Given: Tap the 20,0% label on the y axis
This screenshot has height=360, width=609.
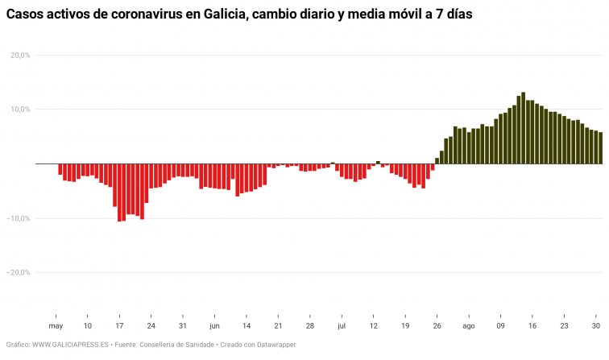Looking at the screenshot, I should pyautogui.click(x=19, y=55).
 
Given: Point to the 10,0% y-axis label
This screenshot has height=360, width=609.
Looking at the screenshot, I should pyautogui.click(x=19, y=110).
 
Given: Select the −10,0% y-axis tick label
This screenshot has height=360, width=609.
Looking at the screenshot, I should pyautogui.click(x=19, y=218).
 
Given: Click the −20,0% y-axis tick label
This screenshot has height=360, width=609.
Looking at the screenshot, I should pyautogui.click(x=19, y=272).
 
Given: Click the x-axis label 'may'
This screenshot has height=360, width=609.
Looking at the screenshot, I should pyautogui.click(x=56, y=326).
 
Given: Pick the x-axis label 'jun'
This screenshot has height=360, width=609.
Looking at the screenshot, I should pyautogui.click(x=214, y=326).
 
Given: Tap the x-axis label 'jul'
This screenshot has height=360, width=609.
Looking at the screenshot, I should pyautogui.click(x=342, y=326).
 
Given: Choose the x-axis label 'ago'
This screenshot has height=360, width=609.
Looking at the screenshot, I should pyautogui.click(x=469, y=326).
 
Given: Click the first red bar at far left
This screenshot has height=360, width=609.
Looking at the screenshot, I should pyautogui.click(x=60, y=169).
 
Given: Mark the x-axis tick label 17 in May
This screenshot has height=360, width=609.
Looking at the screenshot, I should pyautogui.click(x=119, y=326).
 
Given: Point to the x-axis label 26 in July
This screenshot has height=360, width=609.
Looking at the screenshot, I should pyautogui.click(x=437, y=326).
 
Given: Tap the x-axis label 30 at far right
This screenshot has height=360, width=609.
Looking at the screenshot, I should pyautogui.click(x=596, y=326).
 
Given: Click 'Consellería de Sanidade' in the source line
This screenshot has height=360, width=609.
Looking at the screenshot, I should pyautogui.click(x=177, y=345).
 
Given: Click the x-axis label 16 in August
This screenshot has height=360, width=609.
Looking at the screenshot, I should pyautogui.click(x=532, y=326).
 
